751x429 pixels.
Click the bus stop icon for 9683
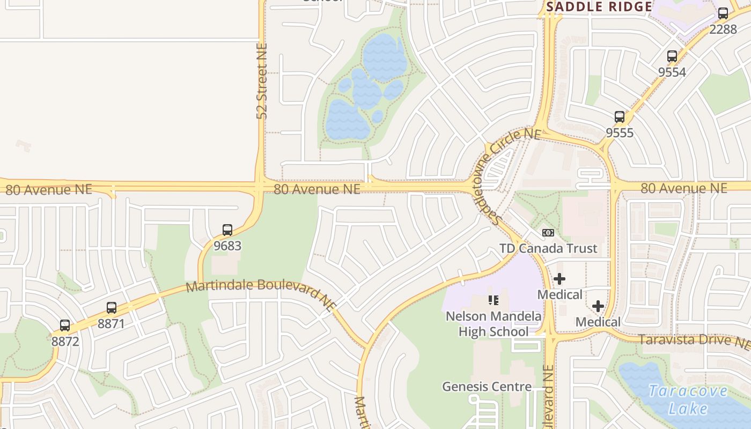click(227, 230)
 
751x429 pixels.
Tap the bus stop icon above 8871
click(112, 308)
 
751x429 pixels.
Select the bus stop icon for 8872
click(65, 325)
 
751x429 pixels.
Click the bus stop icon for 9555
click(620, 116)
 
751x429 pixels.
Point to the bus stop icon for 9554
click(672, 56)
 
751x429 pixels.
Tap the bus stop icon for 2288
click(723, 13)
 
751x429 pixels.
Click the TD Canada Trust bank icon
click(548, 233)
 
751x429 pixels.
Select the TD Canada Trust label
click(548, 248)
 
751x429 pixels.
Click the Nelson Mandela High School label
click(494, 324)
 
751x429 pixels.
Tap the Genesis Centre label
click(487, 387)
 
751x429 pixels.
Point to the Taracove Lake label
click(688, 400)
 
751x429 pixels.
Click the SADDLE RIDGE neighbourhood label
click(599, 7)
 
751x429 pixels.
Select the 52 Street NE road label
click(262, 80)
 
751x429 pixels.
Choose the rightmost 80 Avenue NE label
click(684, 188)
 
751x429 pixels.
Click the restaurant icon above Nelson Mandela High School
click(493, 300)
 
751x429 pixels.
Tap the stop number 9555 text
click(620, 132)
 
